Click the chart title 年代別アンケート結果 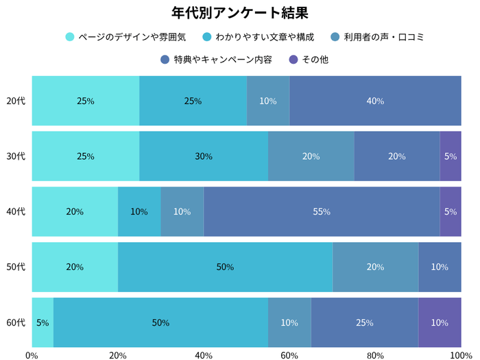click(x=239, y=13)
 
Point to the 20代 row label click(x=16, y=101)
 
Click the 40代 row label click(x=16, y=212)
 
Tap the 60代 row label click(x=16, y=322)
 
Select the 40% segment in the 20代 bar click(x=375, y=101)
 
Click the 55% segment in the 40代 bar click(x=322, y=212)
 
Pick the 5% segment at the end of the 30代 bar click(x=451, y=156)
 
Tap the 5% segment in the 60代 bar click(x=43, y=322)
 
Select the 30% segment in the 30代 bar click(x=204, y=156)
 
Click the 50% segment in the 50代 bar click(x=225, y=267)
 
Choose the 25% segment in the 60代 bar click(x=365, y=322)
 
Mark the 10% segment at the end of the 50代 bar click(x=440, y=267)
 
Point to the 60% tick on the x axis click(x=289, y=355)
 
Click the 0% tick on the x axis click(x=32, y=355)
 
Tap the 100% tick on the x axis click(x=460, y=355)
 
